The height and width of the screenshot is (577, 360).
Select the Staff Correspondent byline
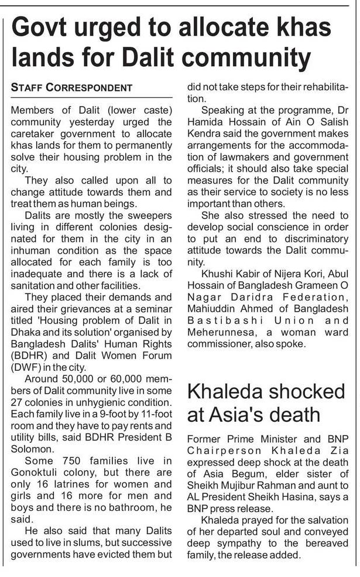[x=71, y=88]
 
